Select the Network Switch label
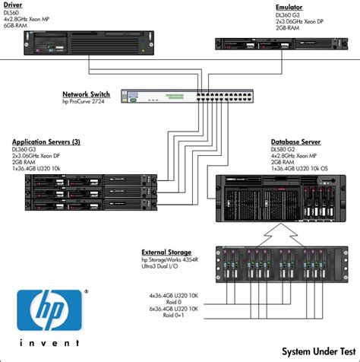(86, 94)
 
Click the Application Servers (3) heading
(46, 142)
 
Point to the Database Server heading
(295, 142)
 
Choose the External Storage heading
(166, 252)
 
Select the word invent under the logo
(49, 348)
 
